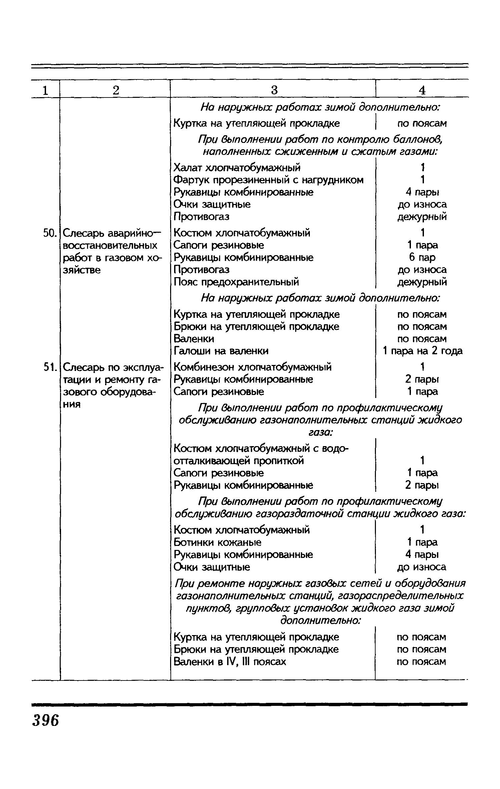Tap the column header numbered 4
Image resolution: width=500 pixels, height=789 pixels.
(x=422, y=90)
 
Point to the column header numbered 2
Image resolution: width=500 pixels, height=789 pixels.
(x=115, y=90)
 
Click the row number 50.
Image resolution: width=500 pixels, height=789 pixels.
(x=49, y=233)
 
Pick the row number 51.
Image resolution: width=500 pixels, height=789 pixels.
(x=49, y=367)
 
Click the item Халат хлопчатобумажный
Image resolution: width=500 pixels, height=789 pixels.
(x=237, y=167)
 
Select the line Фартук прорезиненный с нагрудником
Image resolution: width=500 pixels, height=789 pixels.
(x=269, y=180)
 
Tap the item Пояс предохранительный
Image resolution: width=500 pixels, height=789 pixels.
(x=236, y=282)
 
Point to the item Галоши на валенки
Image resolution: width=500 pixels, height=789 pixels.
(x=221, y=351)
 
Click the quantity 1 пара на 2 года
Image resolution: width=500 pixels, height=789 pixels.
(x=422, y=351)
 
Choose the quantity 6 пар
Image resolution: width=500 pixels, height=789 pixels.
(x=422, y=257)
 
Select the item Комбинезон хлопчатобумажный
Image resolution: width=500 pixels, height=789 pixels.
(x=253, y=367)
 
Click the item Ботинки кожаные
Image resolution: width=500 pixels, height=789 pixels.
(x=217, y=542)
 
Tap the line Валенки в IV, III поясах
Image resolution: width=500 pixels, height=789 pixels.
(x=230, y=661)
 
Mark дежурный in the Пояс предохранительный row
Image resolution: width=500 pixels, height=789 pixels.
(x=422, y=282)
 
